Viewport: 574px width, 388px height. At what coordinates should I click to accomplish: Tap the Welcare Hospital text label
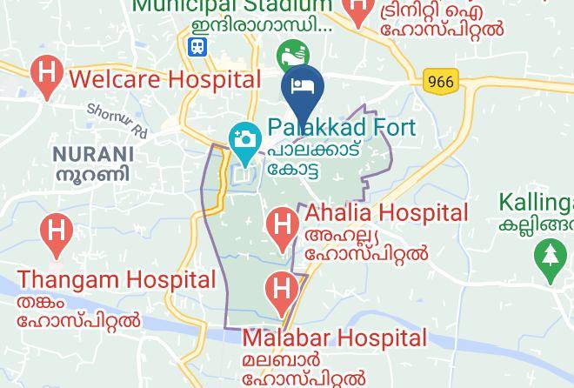[165, 79]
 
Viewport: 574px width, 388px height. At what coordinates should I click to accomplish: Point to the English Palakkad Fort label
[342, 127]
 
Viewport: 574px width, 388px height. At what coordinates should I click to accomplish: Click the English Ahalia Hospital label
[386, 212]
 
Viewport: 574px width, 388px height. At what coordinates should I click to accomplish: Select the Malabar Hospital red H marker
[281, 291]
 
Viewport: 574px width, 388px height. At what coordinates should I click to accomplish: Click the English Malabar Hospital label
[335, 338]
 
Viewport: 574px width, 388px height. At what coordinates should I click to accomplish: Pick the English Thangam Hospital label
[117, 280]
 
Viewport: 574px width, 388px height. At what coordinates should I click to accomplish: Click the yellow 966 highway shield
[441, 82]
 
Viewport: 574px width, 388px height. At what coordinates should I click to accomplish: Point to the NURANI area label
[93, 154]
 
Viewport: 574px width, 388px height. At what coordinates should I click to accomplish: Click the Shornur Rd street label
[117, 121]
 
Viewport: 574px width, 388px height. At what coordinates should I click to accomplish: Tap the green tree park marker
[550, 258]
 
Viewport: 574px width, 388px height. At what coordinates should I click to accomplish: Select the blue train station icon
[199, 45]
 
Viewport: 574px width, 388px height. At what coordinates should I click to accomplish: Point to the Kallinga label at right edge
[536, 203]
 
